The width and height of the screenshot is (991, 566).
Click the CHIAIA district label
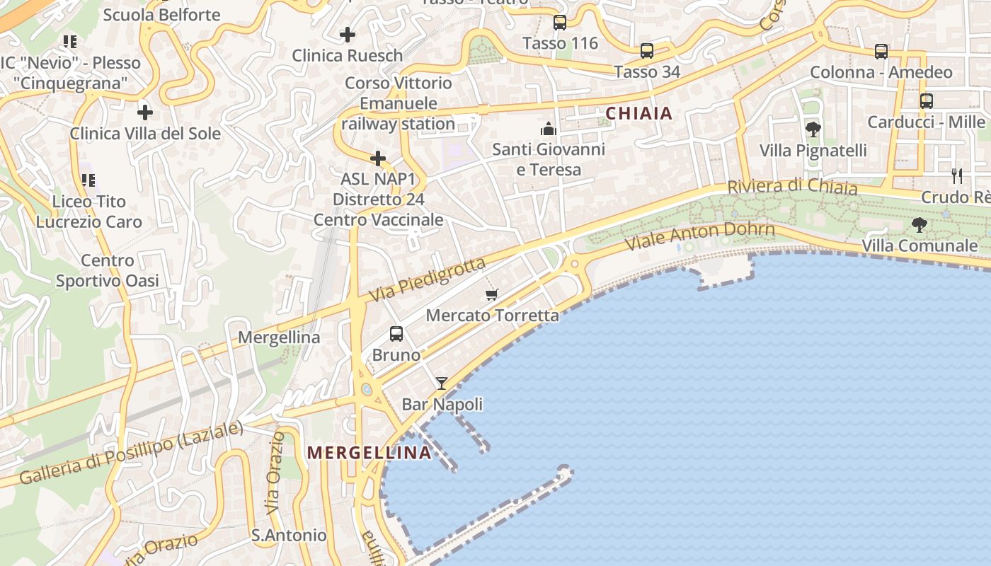(x=638, y=113)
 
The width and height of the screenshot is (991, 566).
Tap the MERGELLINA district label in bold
(x=369, y=453)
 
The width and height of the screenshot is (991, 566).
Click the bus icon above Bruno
(x=396, y=333)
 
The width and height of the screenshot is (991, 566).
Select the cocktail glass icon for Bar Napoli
(x=442, y=383)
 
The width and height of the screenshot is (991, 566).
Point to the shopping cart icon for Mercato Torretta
(x=492, y=294)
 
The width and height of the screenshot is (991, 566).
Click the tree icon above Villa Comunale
(x=920, y=225)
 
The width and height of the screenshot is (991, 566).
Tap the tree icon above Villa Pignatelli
(x=813, y=129)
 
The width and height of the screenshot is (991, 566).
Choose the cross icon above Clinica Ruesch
(x=348, y=34)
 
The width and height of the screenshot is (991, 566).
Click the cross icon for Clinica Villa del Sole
(x=145, y=112)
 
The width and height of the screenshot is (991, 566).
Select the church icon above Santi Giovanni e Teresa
(x=549, y=129)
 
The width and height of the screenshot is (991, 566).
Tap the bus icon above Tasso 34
(x=647, y=51)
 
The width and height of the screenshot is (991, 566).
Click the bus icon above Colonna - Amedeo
(x=881, y=52)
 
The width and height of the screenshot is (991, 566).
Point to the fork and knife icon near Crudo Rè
(x=957, y=175)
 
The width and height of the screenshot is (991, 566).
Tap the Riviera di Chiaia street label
(x=792, y=187)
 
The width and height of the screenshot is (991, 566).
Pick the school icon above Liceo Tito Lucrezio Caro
(x=88, y=180)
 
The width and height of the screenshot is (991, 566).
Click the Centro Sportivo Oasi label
(x=108, y=270)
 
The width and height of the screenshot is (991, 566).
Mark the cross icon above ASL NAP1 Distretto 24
(x=379, y=158)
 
